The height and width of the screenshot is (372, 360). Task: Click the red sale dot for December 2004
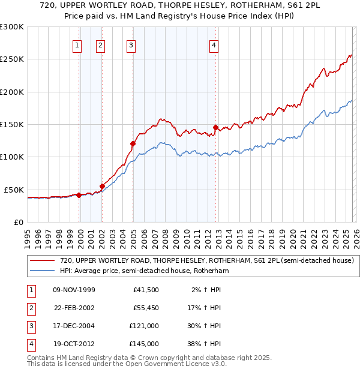point(133,143)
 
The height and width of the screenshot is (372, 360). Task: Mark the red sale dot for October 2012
point(216,128)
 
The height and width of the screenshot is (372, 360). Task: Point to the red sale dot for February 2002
point(102,186)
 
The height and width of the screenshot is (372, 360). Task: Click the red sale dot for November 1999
point(79,195)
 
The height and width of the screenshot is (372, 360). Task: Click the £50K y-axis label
point(14,190)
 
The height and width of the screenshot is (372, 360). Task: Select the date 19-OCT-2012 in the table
point(73,344)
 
